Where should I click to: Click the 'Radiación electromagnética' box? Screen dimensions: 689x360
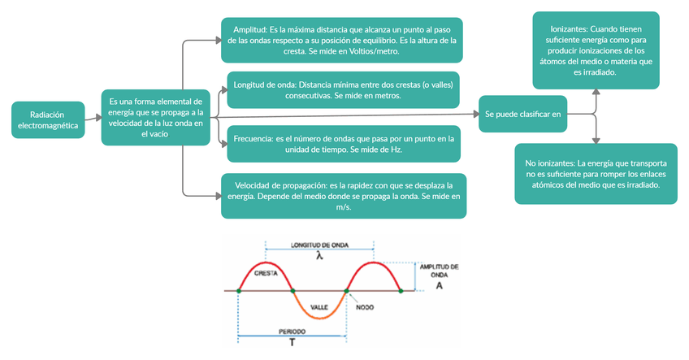49,120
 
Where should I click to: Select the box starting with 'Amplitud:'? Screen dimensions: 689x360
341,39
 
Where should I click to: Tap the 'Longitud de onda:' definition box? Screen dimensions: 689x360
341,89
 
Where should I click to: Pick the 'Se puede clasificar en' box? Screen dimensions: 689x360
522,115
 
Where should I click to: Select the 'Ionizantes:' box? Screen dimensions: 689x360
596,50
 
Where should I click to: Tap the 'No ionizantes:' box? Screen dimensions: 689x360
596,174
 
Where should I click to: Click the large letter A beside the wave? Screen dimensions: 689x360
439,285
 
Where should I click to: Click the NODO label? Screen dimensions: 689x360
365,307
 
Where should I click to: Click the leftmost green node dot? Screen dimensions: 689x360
238,291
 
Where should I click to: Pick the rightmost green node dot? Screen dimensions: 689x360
401,291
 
